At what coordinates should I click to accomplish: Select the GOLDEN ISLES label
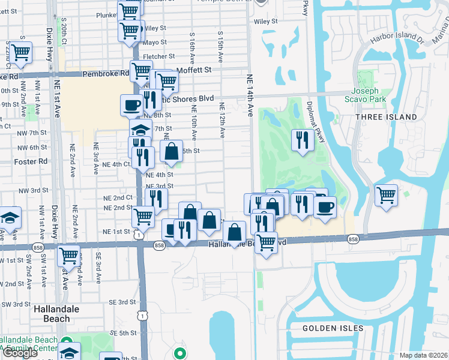(333, 328)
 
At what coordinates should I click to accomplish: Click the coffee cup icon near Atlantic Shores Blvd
(131, 105)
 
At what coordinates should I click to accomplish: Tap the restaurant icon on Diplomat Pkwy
(301, 140)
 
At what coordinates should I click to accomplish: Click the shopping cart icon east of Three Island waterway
(386, 194)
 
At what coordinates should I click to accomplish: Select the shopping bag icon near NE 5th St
(172, 151)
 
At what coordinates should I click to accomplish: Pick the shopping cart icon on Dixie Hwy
(68, 255)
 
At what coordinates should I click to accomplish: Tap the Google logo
(20, 353)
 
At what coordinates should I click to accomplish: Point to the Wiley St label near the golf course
(266, 21)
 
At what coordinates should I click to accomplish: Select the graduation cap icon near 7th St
(140, 130)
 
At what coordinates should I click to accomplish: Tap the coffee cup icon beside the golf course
(325, 207)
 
